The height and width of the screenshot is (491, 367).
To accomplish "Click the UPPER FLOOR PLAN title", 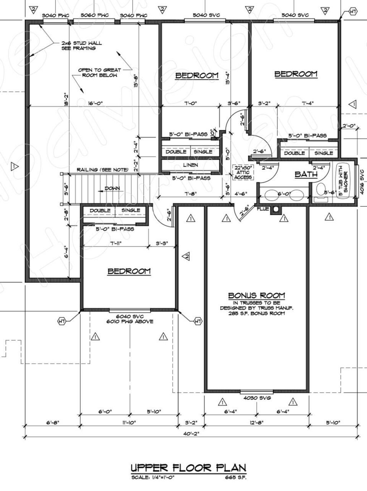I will [x=189, y=468].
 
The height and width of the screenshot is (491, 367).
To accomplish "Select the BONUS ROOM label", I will [x=257, y=295].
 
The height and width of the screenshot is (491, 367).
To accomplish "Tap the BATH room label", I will [x=306, y=174].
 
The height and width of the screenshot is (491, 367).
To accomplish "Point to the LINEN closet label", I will [x=190, y=165].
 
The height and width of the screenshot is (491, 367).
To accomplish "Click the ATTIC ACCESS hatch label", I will [x=243, y=172].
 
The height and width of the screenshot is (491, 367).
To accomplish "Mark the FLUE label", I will [x=262, y=209].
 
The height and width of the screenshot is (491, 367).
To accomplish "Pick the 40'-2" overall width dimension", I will [x=191, y=433].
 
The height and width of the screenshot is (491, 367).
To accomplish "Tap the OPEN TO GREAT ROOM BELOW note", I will [x=100, y=73].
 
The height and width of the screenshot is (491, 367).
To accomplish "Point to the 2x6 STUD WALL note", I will [x=81, y=45].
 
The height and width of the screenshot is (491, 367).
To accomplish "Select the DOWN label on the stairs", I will [x=112, y=188].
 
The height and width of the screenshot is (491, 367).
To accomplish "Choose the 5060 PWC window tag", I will [x=95, y=15].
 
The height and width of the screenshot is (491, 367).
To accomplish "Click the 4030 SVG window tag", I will [x=257, y=398].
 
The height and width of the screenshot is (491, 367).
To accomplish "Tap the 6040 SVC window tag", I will [x=130, y=316].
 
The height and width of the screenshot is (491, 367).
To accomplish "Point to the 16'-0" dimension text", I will [x=95, y=103].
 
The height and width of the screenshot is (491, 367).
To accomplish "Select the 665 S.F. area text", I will [x=235, y=477].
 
